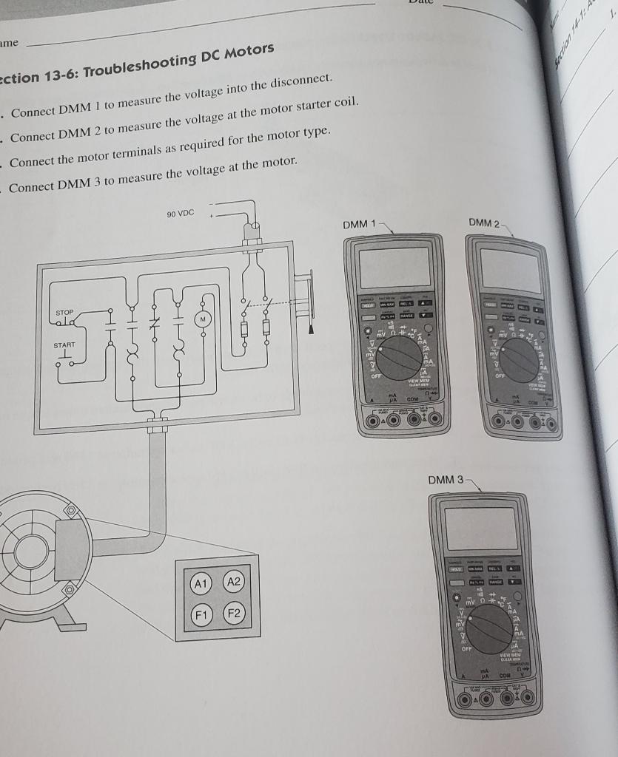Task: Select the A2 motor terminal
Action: [x=233, y=582]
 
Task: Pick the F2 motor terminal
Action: [x=234, y=614]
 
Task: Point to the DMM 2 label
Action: [x=485, y=223]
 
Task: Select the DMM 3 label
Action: [x=446, y=480]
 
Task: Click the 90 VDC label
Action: [x=180, y=214]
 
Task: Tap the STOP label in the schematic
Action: [x=64, y=313]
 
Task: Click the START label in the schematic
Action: [x=64, y=345]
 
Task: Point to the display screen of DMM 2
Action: [x=511, y=269]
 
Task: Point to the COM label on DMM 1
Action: [x=413, y=398]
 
